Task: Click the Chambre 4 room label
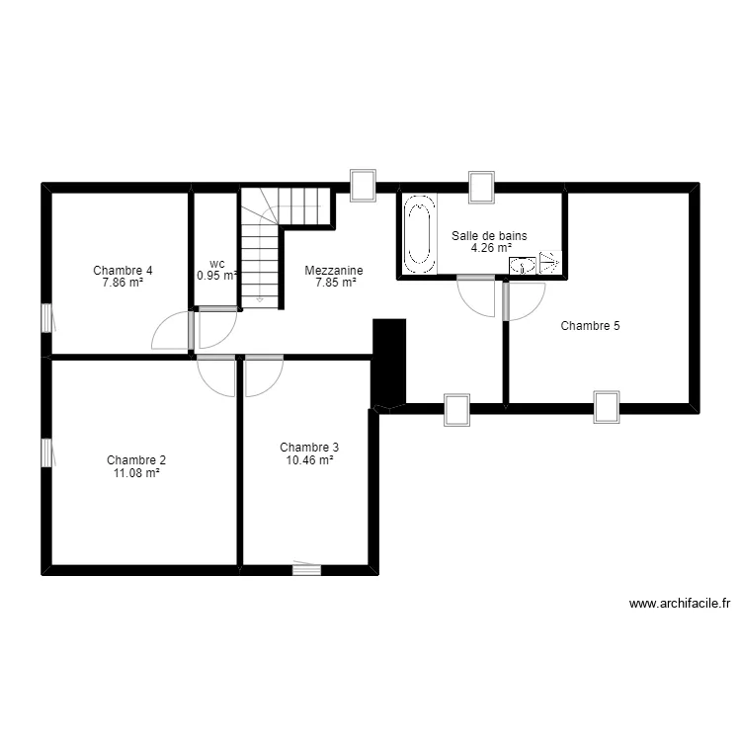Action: tap(123, 270)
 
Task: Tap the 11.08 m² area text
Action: tap(136, 472)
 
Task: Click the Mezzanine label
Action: tap(334, 270)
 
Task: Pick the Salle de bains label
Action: tap(489, 236)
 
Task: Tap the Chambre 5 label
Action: tap(590, 325)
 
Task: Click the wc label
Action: tap(217, 264)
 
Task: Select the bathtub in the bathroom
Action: tap(419, 233)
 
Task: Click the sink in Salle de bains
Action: tap(523, 265)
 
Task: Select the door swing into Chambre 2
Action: tap(216, 375)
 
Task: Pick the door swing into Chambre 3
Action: tap(264, 375)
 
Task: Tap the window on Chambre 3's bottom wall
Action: tap(306, 568)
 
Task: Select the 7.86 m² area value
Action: tap(123, 283)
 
